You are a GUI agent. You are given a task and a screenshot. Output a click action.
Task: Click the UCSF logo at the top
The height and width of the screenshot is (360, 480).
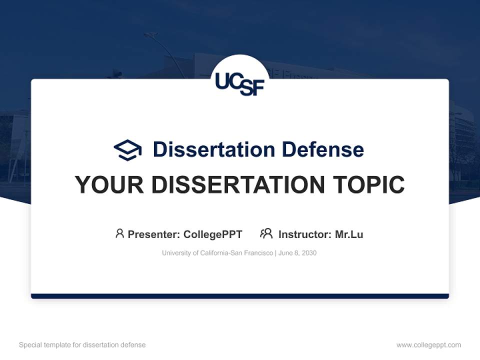coord(239,82)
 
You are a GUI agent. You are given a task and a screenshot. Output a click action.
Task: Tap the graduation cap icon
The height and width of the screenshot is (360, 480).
coord(127,149)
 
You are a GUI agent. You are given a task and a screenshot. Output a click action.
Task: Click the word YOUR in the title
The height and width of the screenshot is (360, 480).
coord(109,185)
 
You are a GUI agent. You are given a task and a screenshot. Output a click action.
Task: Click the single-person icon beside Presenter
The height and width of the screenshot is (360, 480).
coord(119,233)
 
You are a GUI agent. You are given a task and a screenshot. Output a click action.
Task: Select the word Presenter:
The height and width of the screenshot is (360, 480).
coord(153,234)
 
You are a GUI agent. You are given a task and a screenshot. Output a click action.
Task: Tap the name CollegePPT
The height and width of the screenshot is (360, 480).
coord(213,234)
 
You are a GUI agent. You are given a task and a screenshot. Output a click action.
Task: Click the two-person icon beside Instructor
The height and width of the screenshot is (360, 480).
coord(266,233)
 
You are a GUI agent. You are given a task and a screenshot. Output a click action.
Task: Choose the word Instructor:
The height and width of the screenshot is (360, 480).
coord(304,234)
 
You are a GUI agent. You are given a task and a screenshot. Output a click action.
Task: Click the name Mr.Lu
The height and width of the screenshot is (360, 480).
coord(349,234)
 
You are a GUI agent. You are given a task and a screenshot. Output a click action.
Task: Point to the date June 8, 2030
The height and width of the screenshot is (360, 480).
coord(297,253)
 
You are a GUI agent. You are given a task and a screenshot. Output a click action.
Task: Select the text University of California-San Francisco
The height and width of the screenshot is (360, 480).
coord(217,253)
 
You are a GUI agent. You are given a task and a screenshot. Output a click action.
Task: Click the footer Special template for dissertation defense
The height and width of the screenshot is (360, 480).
coord(82,345)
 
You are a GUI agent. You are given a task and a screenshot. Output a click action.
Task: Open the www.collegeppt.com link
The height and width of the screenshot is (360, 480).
coord(428,345)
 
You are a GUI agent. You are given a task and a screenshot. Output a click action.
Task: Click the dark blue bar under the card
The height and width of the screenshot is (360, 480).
coord(240,296)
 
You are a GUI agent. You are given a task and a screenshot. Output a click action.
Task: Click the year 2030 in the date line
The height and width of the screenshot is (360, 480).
coord(309,253)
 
